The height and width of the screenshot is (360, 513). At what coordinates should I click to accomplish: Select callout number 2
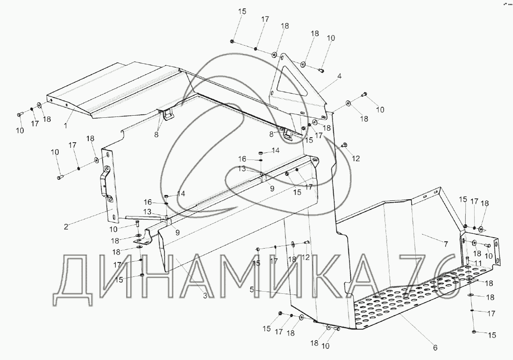(66, 227)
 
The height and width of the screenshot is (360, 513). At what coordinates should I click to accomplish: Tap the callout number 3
(205, 296)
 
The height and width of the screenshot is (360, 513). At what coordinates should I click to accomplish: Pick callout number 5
(252, 290)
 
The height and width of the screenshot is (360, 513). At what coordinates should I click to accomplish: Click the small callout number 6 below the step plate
(435, 348)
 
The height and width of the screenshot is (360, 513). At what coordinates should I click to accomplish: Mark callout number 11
(478, 263)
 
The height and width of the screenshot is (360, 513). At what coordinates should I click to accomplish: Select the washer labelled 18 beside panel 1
(39, 105)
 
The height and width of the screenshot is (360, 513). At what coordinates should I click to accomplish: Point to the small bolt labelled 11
(467, 259)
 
